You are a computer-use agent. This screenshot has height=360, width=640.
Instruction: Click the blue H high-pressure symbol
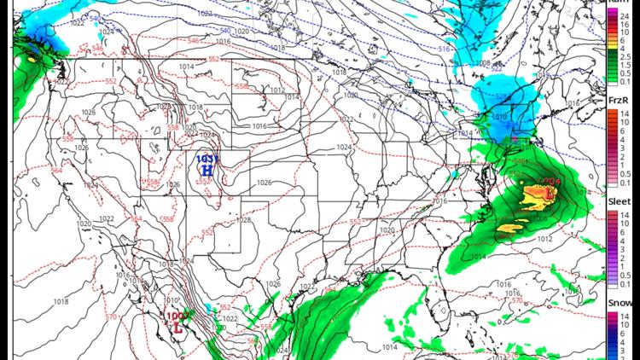[x=206, y=170]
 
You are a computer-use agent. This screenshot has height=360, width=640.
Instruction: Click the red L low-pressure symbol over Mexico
[x=177, y=326]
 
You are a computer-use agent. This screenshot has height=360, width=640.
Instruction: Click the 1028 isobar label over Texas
[x=244, y=220]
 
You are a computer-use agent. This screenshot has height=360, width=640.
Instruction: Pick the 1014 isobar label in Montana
[x=188, y=67]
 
